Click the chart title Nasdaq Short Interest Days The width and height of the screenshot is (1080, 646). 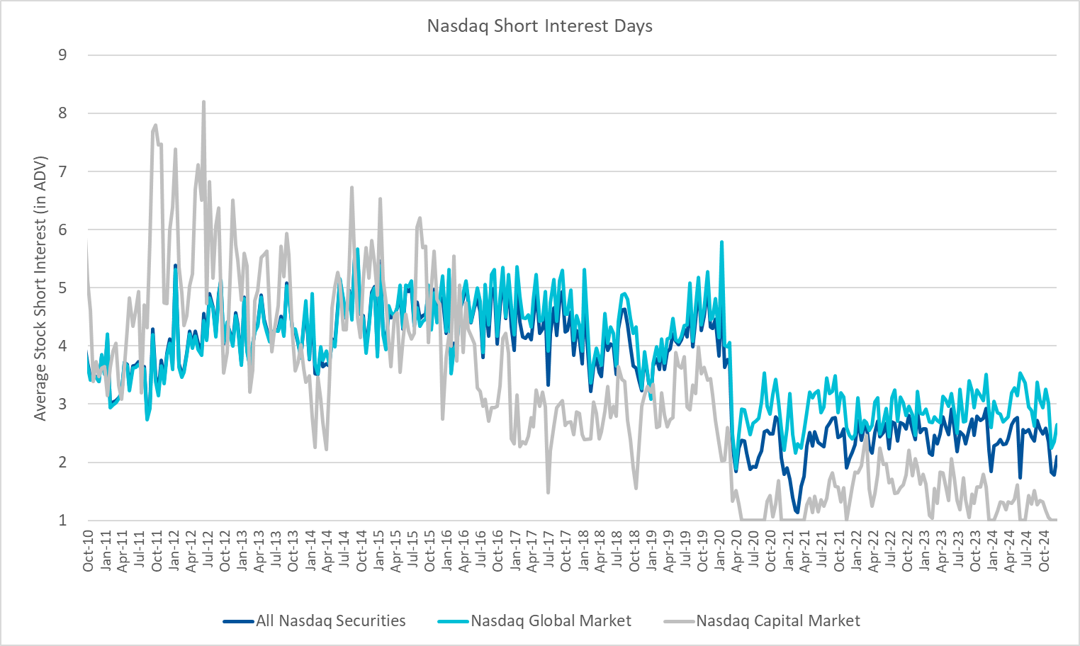pos(539,26)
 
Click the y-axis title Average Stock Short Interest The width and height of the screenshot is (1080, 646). pos(40,288)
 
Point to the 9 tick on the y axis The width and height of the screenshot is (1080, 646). pos(63,55)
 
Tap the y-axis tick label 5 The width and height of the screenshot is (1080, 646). pos(63,288)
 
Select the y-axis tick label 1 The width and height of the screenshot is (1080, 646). pos(63,521)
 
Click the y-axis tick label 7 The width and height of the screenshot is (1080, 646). pos(63,171)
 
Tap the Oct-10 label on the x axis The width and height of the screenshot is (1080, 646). pos(89,551)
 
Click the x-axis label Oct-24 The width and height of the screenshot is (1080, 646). pos(1045,551)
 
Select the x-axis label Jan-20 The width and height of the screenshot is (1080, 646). pos(720,551)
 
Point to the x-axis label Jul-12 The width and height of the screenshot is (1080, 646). pos(208,551)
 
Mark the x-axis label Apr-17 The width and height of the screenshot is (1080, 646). pos(532,551)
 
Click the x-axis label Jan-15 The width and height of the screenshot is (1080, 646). pos(378,551)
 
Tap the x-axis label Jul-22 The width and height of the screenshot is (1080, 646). pos(891,551)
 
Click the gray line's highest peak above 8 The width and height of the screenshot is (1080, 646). pos(203,102)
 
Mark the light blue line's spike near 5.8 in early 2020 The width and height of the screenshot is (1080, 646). pos(721,242)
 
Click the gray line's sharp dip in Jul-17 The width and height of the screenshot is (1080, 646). pos(549,492)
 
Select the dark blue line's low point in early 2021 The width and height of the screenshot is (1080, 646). pos(797,512)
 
